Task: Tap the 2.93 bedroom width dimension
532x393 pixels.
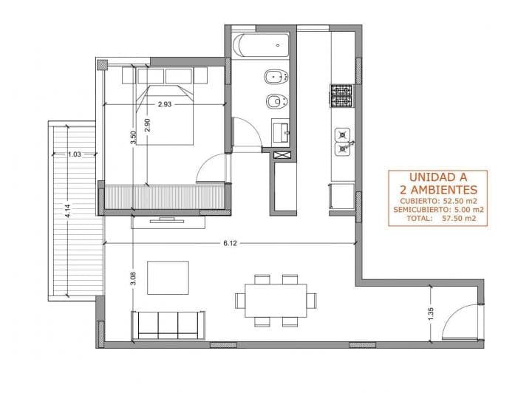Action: [165, 104]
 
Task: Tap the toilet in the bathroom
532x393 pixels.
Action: [275, 77]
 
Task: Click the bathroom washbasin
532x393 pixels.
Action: [282, 131]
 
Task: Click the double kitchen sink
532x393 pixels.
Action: [343, 142]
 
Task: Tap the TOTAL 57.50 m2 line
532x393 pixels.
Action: [437, 219]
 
